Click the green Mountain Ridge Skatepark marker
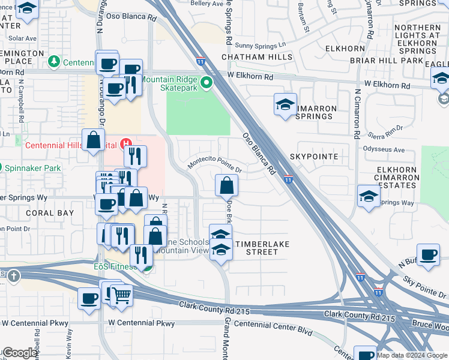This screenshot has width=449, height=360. (206, 83)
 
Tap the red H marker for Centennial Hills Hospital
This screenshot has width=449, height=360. (126, 143)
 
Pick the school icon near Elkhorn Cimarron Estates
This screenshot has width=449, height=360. (369, 196)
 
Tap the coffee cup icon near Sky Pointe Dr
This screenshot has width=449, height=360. (428, 254)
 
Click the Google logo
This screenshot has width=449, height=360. (20, 353)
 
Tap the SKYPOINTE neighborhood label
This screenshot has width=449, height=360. (314, 156)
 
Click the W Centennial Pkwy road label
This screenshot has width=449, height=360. (141, 323)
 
